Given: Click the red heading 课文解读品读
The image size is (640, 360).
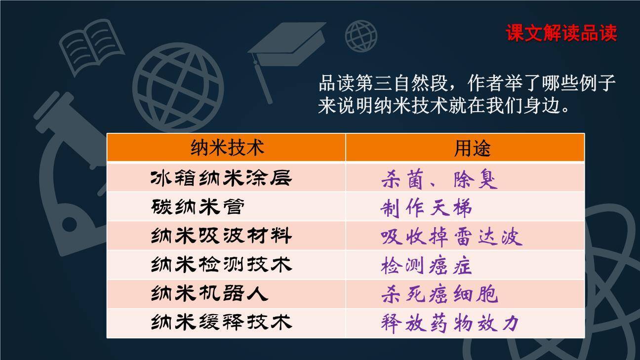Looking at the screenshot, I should [561, 33].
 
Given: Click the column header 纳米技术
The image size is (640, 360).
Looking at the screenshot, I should [227, 148].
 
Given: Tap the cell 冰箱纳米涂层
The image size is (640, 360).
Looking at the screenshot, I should [221, 178].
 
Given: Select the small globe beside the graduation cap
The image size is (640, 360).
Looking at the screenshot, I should [361, 36].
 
